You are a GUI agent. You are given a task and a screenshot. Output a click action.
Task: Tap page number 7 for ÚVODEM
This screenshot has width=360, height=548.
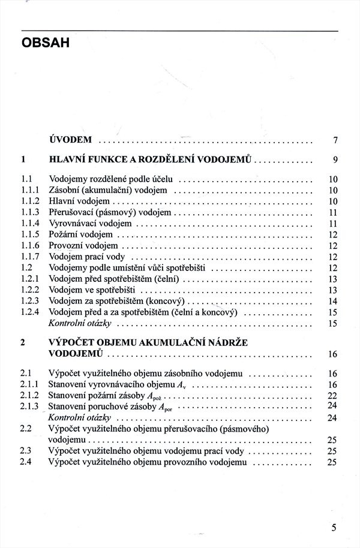tap(335, 141)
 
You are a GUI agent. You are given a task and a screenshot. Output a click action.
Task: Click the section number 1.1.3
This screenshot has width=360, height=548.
tap(30, 212)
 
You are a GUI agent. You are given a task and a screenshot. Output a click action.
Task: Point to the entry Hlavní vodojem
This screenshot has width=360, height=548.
tap(79, 201)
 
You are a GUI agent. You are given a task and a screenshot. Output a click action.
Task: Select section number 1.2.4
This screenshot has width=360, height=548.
tap(30, 312)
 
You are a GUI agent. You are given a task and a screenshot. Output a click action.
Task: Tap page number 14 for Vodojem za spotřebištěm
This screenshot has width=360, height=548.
tap(334, 301)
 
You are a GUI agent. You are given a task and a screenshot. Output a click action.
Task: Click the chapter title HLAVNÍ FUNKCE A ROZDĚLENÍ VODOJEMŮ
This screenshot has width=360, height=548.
tap(154, 160)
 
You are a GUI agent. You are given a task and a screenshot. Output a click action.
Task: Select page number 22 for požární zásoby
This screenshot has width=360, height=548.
tap(334, 395)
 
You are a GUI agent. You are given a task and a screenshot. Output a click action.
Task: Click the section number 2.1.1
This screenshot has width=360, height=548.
tap(30, 384)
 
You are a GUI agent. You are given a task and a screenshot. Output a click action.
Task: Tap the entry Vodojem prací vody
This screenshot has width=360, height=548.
tap(86, 257)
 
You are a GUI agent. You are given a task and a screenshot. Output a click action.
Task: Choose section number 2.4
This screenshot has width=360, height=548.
tap(26, 462)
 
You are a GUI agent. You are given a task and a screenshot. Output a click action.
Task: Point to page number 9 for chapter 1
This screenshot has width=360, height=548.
tap(335, 160)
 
